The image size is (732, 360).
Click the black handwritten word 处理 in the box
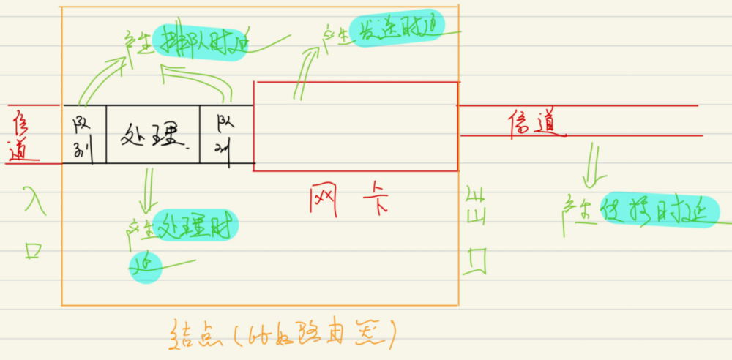pos(152,134)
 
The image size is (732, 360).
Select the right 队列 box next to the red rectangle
pos(225,134)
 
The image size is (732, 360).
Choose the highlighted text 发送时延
pos(397,29)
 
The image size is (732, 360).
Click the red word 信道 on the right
pos(536,125)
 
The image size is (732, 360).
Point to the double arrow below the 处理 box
pos(148,189)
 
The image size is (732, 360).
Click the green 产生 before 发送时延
pos(334,33)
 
